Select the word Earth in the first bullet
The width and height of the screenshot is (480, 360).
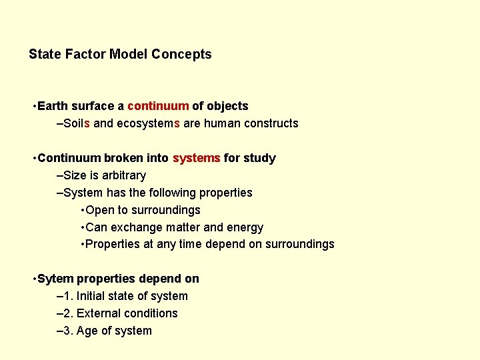[x=53, y=106]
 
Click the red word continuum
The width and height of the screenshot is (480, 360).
[x=158, y=106]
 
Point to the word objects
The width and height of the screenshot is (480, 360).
[x=227, y=106]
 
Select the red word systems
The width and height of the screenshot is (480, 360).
[x=196, y=158]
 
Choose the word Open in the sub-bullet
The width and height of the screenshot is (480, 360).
[x=100, y=210]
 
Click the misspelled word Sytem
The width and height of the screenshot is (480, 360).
[x=56, y=279]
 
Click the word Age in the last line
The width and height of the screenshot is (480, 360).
[x=87, y=331]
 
